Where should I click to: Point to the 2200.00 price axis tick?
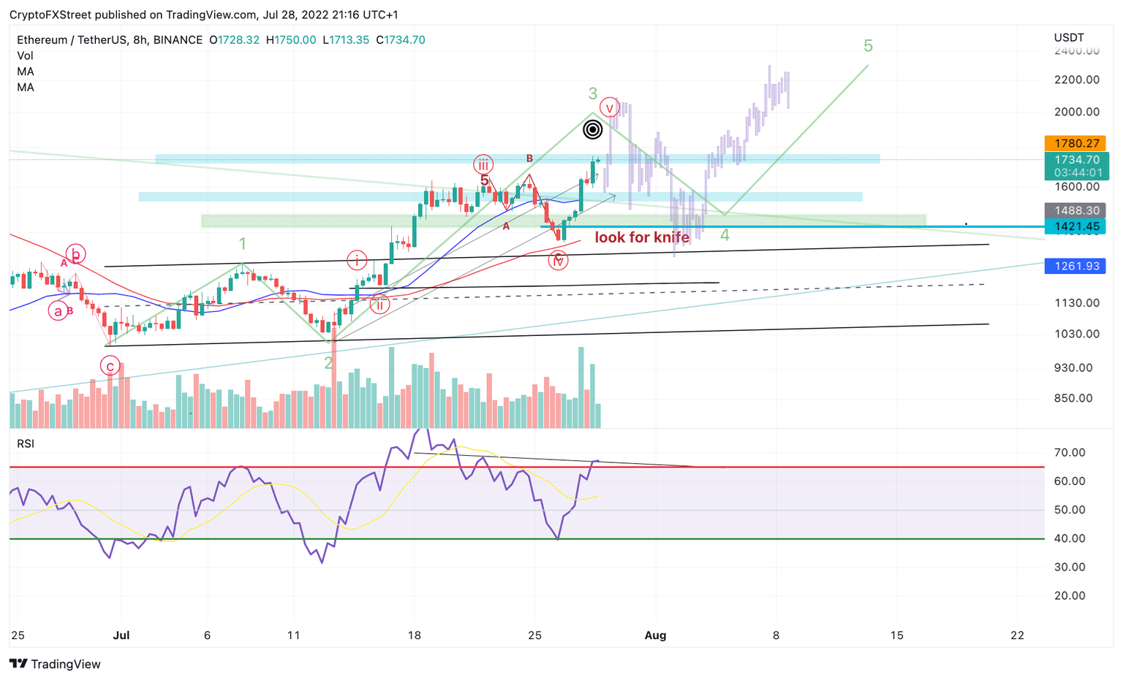tap(1077, 80)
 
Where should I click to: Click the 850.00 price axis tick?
tap(1073, 398)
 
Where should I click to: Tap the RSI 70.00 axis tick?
tap(1069, 453)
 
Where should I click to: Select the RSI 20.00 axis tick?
tap(1069, 596)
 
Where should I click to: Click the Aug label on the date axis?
tap(655, 635)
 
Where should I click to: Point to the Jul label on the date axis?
tap(121, 635)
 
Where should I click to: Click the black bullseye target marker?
tap(593, 130)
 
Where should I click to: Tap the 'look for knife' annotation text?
tap(642, 237)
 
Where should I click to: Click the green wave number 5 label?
tap(868, 46)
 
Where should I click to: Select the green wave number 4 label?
tap(725, 235)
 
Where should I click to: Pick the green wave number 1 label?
tap(243, 244)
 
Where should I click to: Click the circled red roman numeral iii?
tap(483, 165)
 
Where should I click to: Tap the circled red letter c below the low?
tap(110, 366)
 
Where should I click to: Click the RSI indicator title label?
tap(26, 444)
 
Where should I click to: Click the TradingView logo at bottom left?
tap(56, 664)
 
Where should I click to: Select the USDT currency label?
tap(1069, 38)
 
